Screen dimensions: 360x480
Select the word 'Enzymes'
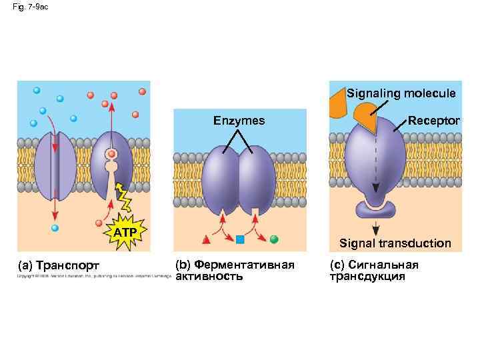239,121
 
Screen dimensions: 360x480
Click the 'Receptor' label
433,121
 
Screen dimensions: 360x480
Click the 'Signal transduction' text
395,243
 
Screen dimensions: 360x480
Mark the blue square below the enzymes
241,239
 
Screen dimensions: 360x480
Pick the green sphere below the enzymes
273,238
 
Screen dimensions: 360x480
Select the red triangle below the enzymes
207,238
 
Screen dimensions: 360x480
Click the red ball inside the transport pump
112,155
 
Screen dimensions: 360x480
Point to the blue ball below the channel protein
55,228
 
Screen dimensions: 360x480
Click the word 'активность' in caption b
209,277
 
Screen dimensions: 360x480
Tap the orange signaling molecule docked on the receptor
366,119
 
